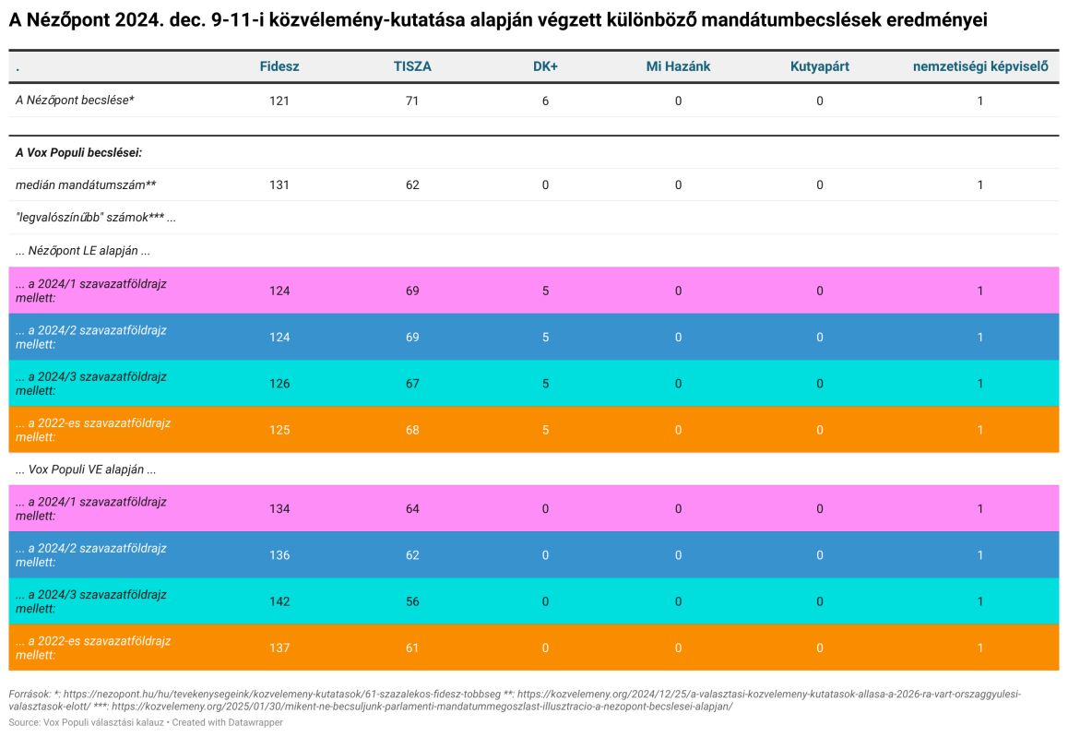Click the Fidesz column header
click(x=279, y=66)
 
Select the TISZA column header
click(x=412, y=66)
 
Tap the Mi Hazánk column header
click(x=678, y=66)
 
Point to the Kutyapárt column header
click(x=820, y=66)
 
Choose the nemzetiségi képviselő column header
click(x=980, y=66)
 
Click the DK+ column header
click(x=545, y=66)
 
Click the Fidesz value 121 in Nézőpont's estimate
click(x=279, y=101)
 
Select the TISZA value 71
click(x=412, y=101)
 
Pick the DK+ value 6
click(x=545, y=101)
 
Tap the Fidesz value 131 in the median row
click(x=279, y=184)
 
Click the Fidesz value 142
click(x=279, y=601)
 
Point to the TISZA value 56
click(x=412, y=601)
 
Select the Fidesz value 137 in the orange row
click(x=279, y=648)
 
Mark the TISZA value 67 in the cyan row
click(x=412, y=383)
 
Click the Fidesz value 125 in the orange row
click(x=279, y=430)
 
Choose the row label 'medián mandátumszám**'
click(x=86, y=184)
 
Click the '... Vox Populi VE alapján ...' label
click(x=86, y=470)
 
